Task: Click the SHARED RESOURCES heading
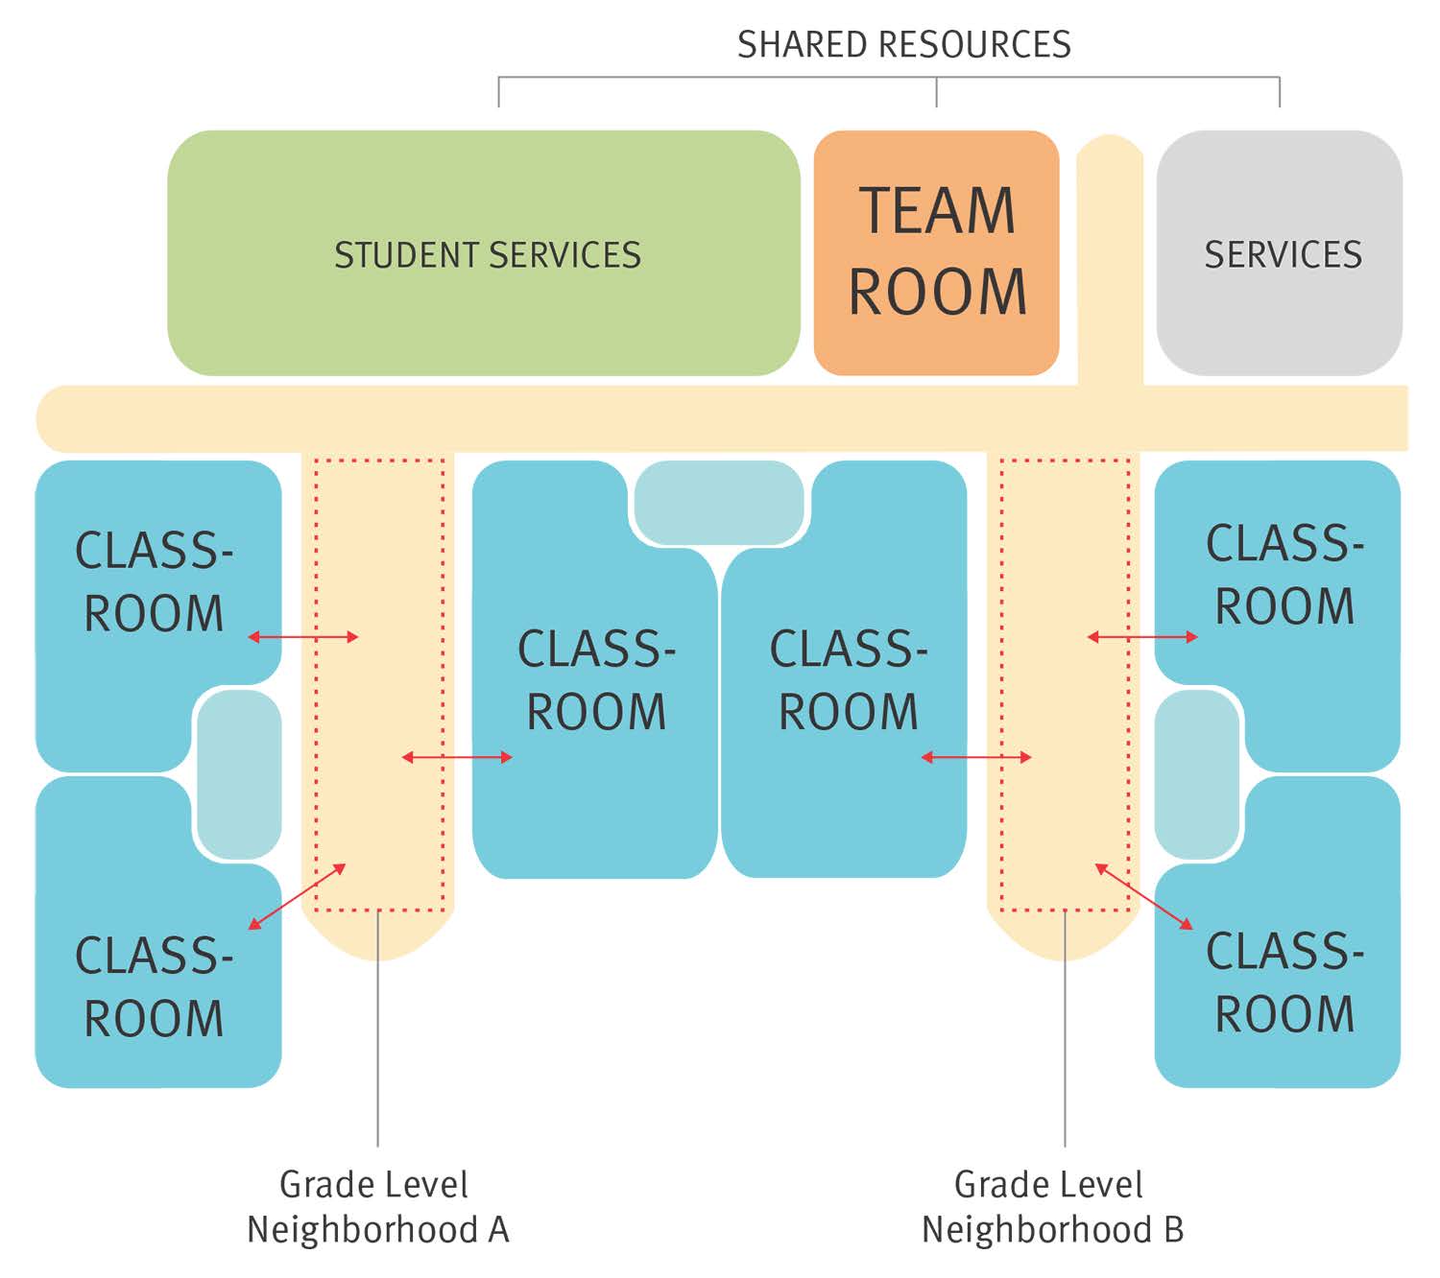pos(903,45)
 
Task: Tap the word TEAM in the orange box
pos(937,211)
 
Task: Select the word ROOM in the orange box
pos(937,292)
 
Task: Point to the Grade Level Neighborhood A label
pos(376,1207)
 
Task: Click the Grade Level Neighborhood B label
pos(1052,1207)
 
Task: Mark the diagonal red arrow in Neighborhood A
pos(298,896)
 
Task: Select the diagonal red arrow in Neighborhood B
pos(1143,896)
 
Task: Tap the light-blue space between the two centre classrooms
pos(719,502)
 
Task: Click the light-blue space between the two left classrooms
pos(239,774)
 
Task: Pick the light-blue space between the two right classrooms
pos(1197,774)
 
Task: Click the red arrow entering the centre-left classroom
pos(457,758)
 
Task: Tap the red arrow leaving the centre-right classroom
pos(976,758)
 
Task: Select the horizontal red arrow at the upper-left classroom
pos(303,636)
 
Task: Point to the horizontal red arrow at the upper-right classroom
pos(1142,636)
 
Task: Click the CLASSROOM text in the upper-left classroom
pos(154,582)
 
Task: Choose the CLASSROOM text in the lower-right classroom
pos(1284,982)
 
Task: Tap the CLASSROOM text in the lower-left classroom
pos(154,987)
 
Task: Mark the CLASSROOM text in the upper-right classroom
pos(1284,575)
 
